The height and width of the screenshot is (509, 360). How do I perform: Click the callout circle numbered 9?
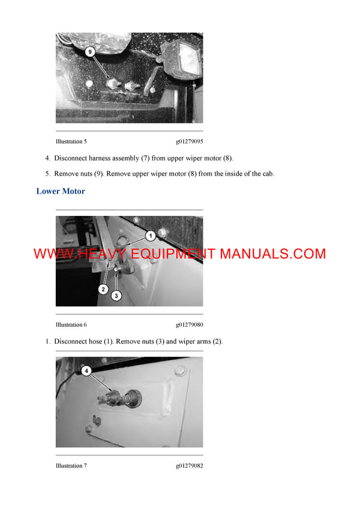90,53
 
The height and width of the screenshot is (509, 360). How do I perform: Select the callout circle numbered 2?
103,289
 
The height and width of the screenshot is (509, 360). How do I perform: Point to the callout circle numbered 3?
117,295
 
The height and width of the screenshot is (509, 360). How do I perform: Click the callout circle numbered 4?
86,371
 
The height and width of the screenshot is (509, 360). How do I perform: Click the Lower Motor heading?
61,191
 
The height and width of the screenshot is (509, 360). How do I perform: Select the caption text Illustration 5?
71,141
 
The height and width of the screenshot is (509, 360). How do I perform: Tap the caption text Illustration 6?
71,324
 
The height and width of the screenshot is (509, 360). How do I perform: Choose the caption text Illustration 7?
71,465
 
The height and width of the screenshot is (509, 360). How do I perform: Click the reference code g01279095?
189,141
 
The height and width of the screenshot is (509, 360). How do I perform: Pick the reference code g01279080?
189,324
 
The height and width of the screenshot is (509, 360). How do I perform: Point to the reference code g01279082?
189,465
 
